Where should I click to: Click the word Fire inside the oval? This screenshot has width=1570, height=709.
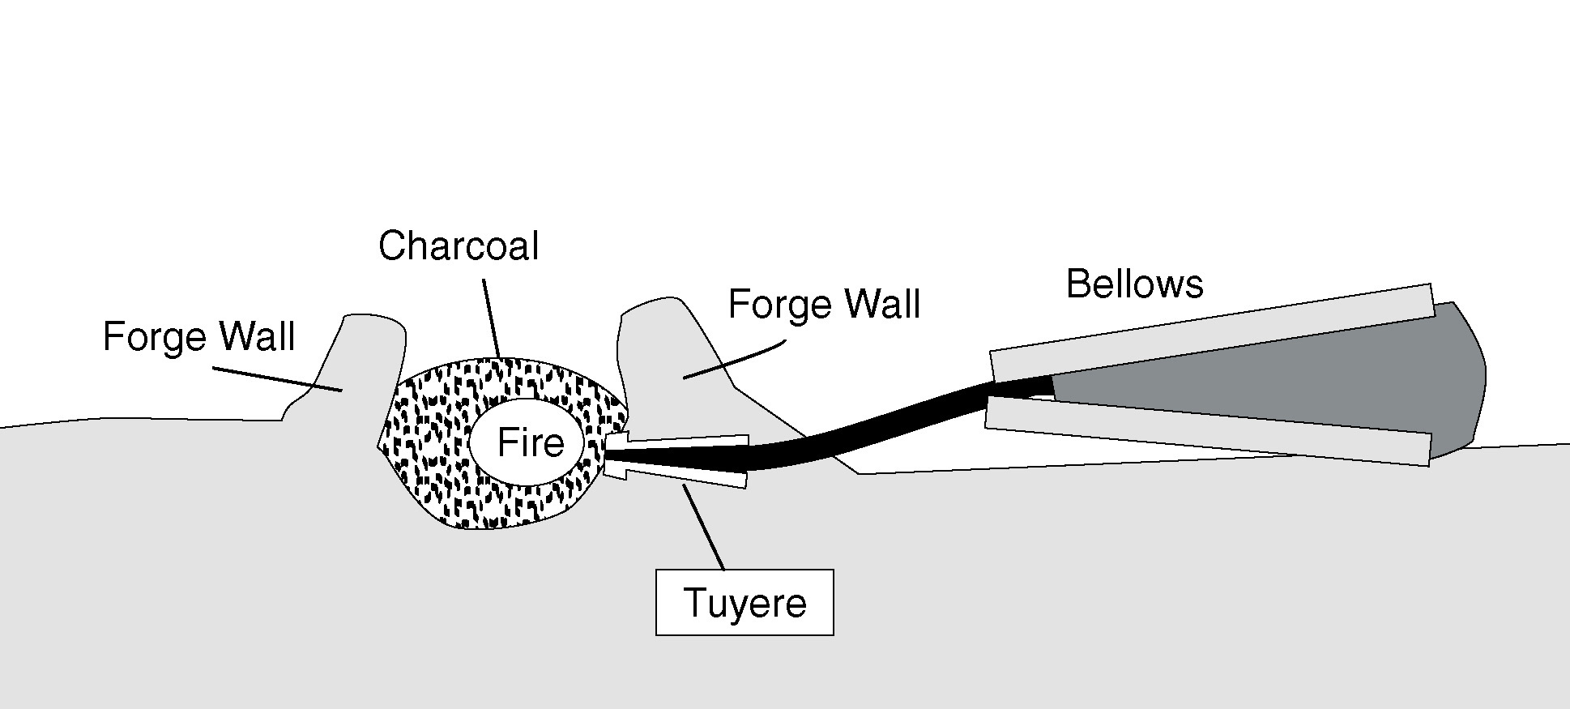click(x=530, y=443)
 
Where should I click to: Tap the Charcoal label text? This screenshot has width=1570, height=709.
click(x=458, y=246)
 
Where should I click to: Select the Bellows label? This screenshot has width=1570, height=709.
click(x=1134, y=284)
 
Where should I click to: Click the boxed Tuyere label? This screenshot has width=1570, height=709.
click(x=744, y=603)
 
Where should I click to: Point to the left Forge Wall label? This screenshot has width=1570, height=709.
click(x=198, y=336)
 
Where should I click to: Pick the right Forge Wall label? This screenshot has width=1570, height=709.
click(x=824, y=305)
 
